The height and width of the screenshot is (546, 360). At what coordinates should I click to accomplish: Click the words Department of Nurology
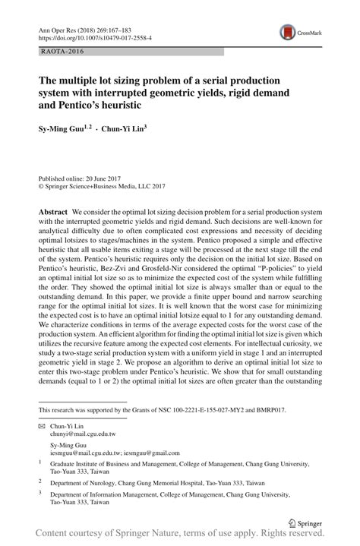pyautogui.click(x=87, y=482)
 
